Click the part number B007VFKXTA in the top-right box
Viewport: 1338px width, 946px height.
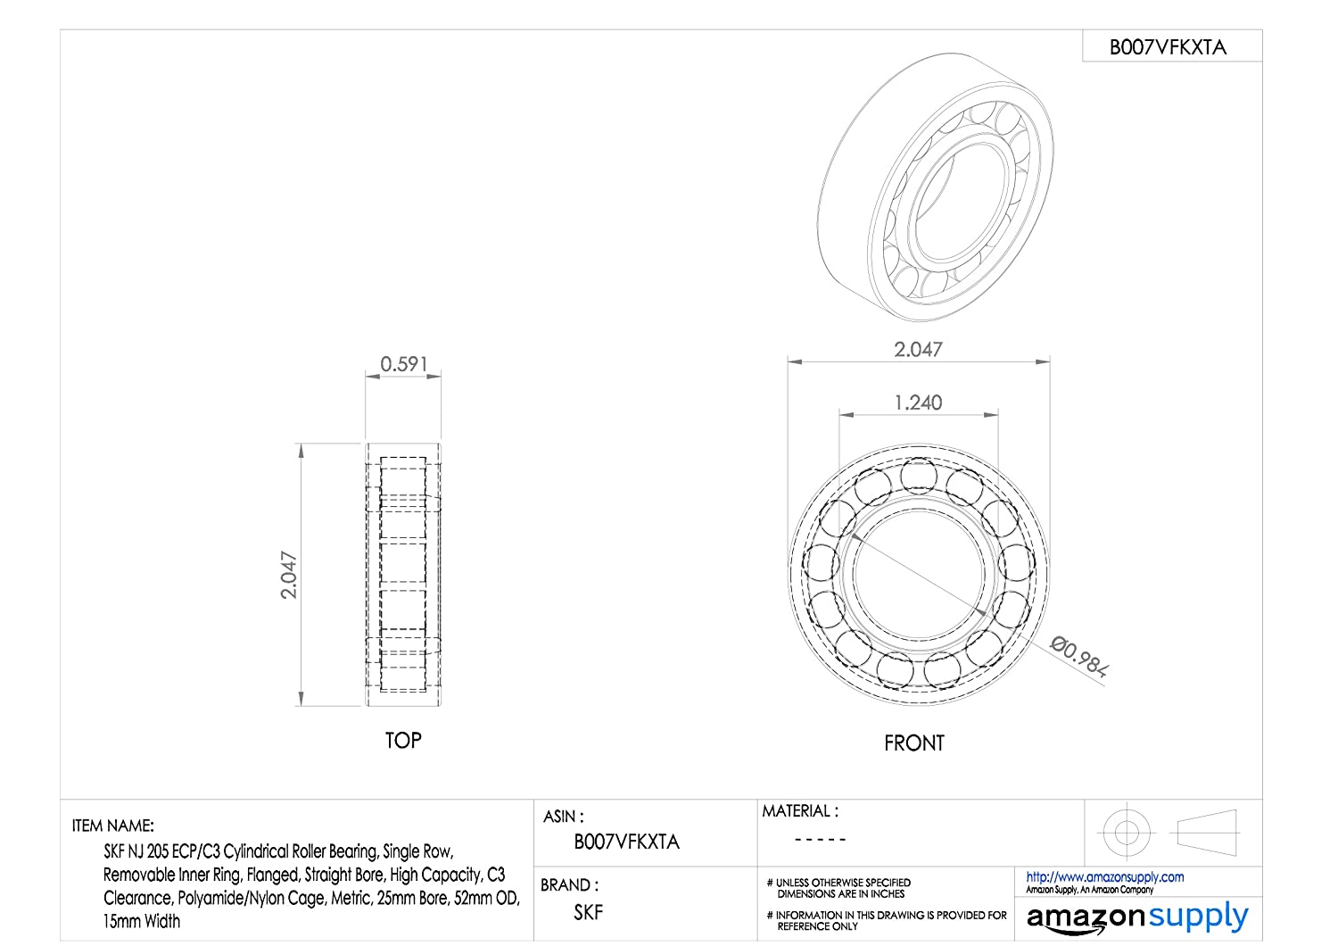1167,47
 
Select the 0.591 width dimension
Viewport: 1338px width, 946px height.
404,364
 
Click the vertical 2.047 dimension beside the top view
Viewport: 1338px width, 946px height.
289,574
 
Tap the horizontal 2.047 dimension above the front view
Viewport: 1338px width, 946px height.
918,349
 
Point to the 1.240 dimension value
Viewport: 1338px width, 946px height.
918,402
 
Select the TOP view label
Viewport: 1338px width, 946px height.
403,741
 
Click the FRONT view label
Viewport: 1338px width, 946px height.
914,743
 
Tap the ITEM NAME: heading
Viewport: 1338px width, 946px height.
113,826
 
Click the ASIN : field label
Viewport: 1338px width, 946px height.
563,817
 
